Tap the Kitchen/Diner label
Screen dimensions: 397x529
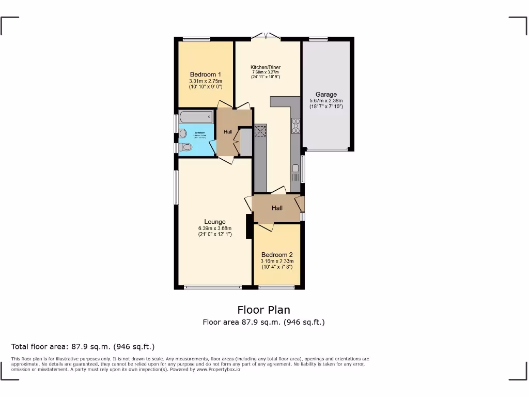coord(266,67)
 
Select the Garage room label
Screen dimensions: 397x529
coord(326,95)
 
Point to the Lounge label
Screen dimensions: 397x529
coord(214,222)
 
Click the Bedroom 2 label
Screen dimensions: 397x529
coord(277,255)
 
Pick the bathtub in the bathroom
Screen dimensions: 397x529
coord(196,117)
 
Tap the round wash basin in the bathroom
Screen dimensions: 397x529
coord(182,133)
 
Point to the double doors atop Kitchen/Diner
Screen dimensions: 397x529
coord(266,37)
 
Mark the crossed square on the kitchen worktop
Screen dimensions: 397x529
coord(260,131)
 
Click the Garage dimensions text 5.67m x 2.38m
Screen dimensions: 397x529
coord(326,101)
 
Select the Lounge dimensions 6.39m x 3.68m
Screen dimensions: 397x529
coord(214,228)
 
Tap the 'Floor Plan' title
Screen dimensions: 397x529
coord(263,310)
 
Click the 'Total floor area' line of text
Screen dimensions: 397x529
coord(83,346)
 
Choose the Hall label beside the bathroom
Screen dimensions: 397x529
coord(228,132)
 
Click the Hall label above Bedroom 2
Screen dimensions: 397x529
coord(277,208)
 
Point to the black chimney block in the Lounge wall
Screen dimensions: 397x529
coord(249,226)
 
